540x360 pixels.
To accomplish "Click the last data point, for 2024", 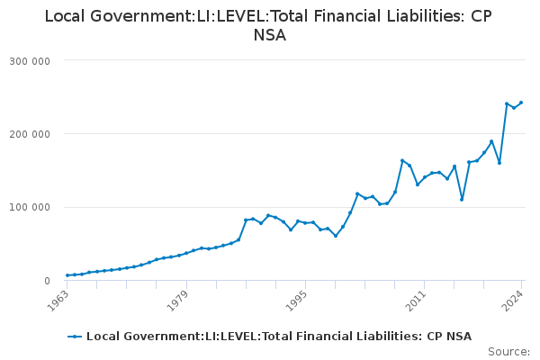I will point(521,103).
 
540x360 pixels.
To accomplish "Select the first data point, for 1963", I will point(67,275).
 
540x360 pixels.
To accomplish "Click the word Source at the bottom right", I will point(508,351).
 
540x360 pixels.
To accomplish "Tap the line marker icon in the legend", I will point(75,337).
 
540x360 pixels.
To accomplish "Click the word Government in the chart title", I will point(125,17).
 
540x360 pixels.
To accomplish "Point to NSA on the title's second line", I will point(269,37).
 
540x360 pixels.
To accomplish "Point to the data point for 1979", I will point(186,253).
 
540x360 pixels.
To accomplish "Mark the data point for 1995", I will point(305,223).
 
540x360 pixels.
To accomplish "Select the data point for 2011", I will point(425,177).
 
